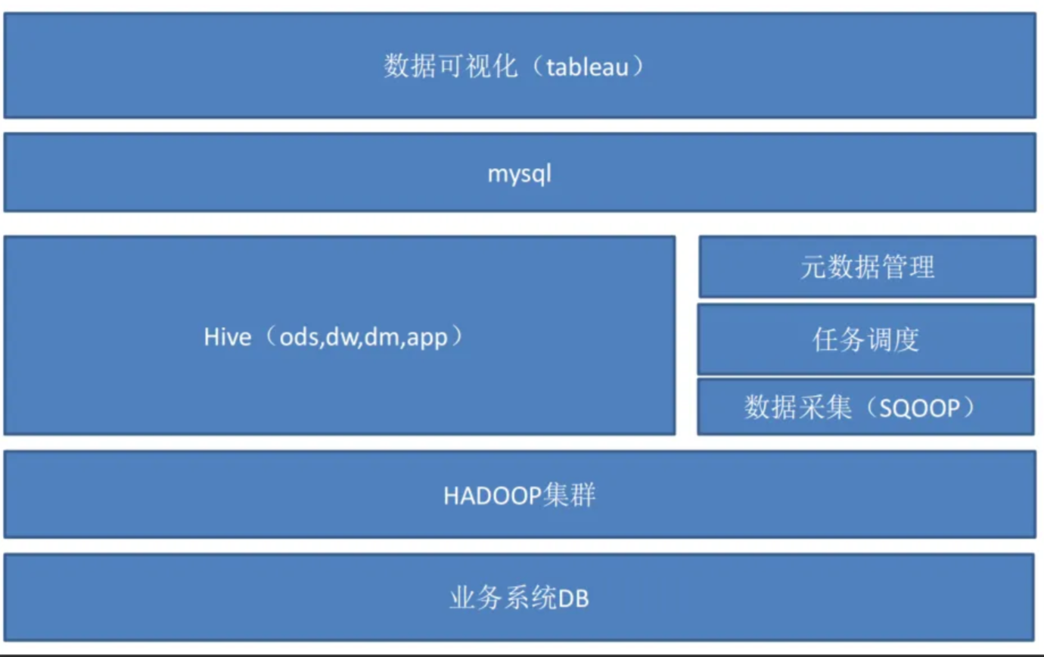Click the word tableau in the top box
coord(587,67)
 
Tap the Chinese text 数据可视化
coord(451,66)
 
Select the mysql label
coord(519,174)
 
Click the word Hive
coord(228,337)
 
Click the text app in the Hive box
coord(427,338)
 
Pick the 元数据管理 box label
coord(868,267)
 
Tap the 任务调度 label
coord(866,339)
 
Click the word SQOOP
coord(920,409)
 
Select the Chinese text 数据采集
coord(798,407)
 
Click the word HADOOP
coord(492,496)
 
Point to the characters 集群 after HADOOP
coord(569,495)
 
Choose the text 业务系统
coord(503,598)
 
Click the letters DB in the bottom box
coord(573,599)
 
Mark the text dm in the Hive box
coord(383,337)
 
